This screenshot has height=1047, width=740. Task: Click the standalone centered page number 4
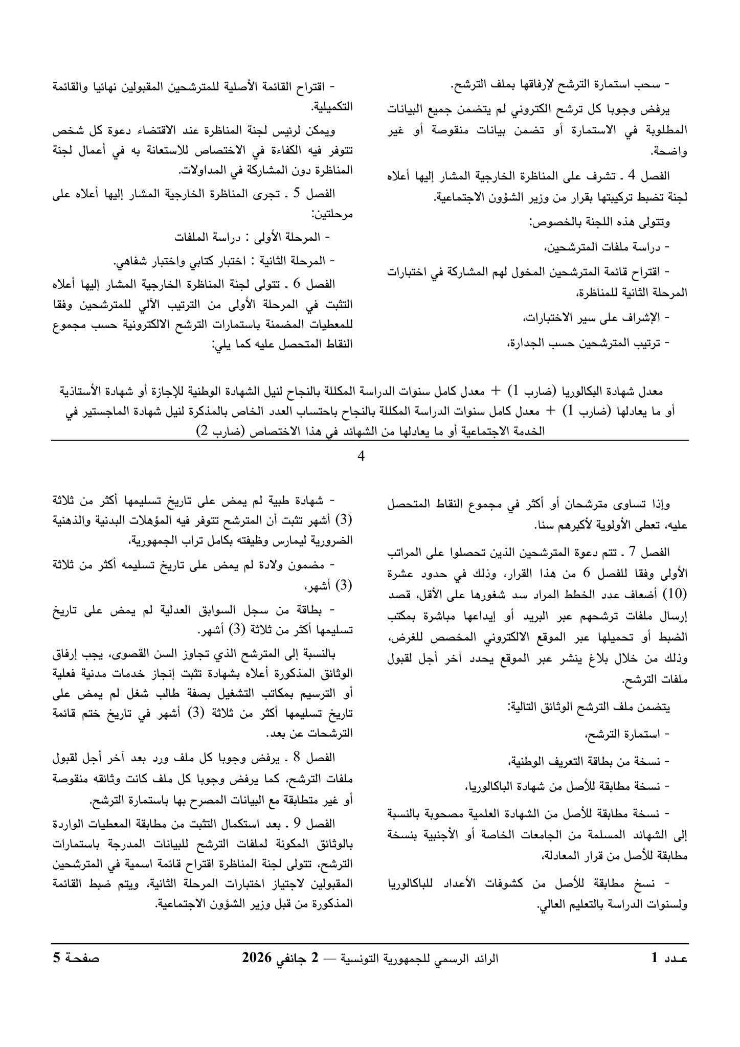coord(361,456)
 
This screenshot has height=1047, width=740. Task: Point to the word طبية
coord(288,499)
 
